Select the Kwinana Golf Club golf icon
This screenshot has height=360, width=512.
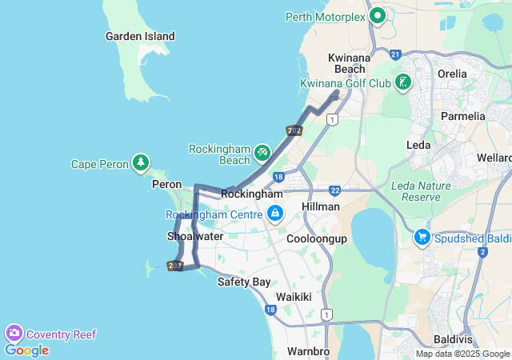coord(402,82)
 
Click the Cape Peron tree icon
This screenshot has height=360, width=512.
coord(141,163)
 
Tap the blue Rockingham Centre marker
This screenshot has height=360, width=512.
coord(275,213)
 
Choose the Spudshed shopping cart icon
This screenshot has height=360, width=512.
coord(422,237)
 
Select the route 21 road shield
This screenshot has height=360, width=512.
coord(395,54)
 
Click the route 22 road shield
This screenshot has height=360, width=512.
coord(334,190)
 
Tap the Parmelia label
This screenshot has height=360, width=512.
coord(462,116)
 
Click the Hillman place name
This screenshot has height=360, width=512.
coord(321,206)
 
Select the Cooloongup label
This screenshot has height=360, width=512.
coord(318,238)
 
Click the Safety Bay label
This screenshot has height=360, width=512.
coord(244,282)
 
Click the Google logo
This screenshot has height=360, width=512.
coord(26,350)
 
